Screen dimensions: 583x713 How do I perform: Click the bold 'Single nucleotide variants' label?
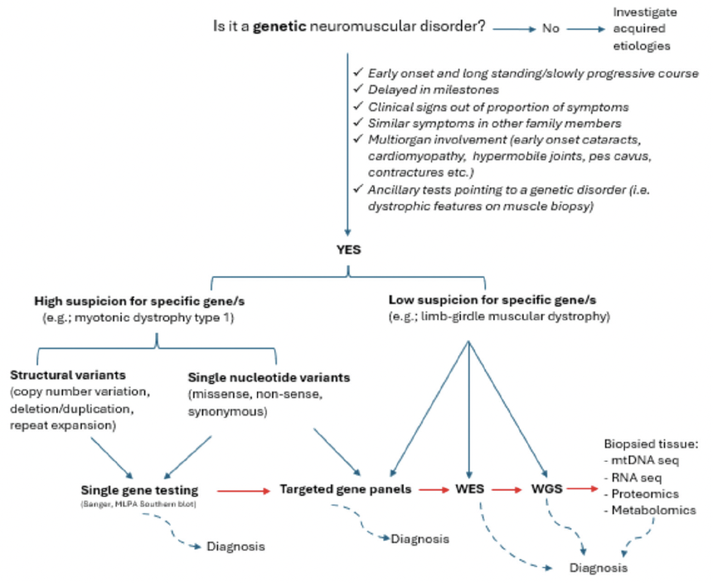pos(269,377)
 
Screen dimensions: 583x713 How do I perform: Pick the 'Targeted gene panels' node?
pos(347,489)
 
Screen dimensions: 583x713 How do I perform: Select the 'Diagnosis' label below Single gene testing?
pos(236,547)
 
